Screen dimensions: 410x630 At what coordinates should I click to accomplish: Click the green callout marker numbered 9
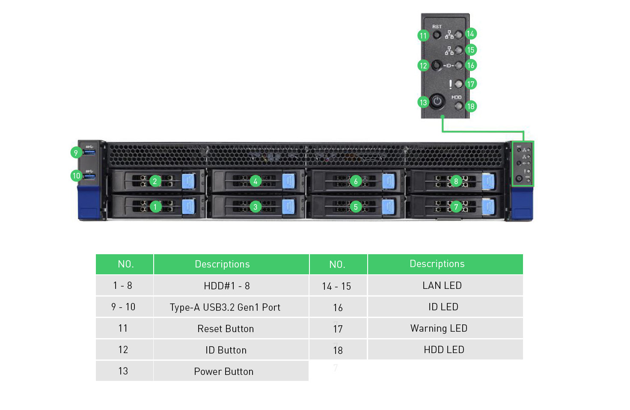76,153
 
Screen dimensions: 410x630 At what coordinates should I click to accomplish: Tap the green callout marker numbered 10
76,175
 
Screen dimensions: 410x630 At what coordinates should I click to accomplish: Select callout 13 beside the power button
423,102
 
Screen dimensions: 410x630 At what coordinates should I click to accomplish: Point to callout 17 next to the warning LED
471,84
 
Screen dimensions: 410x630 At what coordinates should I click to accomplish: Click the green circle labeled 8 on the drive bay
456,181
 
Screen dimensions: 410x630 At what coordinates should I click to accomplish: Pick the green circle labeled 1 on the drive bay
155,207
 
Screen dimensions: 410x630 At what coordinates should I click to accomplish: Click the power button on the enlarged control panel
437,101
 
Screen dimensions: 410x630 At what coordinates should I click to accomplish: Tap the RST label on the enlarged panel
437,27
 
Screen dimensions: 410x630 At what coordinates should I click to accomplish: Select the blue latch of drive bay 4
288,181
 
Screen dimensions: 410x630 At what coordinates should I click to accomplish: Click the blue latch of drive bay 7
488,207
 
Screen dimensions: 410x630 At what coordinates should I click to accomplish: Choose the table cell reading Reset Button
226,329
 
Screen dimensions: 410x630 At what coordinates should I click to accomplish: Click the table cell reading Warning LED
439,328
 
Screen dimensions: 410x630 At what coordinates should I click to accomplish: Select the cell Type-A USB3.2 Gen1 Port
225,307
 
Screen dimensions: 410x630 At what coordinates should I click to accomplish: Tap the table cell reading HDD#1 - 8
227,286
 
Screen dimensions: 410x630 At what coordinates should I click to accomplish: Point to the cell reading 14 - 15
336,286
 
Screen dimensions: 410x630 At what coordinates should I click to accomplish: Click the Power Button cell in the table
224,371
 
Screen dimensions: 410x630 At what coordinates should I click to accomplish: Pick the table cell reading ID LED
443,307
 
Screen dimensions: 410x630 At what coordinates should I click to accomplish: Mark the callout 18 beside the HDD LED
471,106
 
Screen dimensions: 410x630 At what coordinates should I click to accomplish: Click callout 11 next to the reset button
423,36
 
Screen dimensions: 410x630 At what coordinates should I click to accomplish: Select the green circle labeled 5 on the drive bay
356,207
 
